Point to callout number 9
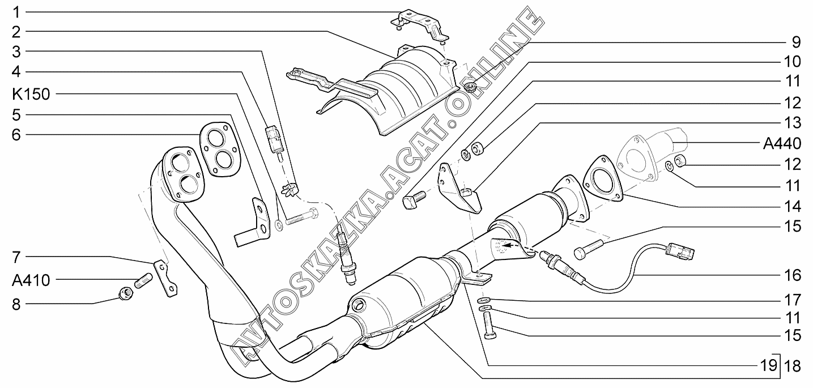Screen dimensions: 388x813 pyautogui.click(x=796, y=41)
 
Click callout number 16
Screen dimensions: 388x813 pyautogui.click(x=793, y=276)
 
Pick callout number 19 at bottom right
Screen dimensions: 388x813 pyautogui.click(x=767, y=365)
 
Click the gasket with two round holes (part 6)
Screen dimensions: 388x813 pyautogui.click(x=218, y=148)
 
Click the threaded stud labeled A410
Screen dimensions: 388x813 pyautogui.click(x=143, y=279)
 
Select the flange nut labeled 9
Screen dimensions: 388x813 pyautogui.click(x=470, y=87)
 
